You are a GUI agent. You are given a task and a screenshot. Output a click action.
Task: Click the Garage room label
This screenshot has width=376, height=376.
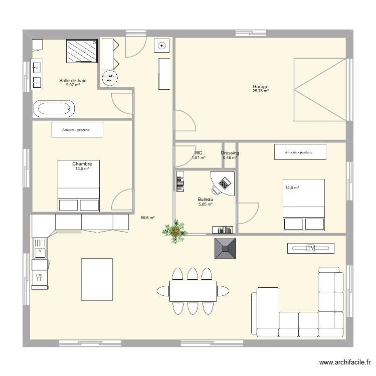260,87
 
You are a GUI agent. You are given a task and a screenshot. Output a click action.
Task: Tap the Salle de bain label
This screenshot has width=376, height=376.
73,80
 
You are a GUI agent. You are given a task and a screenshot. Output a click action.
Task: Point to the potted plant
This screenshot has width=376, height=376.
175,231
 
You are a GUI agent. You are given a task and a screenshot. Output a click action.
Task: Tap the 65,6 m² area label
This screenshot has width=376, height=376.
147,218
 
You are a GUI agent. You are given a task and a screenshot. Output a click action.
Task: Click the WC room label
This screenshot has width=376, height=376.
198,153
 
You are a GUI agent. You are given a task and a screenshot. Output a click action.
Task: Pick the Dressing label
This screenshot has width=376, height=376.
230,153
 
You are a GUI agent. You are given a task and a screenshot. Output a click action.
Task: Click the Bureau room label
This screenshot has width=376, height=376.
206,199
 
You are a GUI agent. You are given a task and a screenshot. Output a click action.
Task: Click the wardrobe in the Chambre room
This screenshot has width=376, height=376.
77,130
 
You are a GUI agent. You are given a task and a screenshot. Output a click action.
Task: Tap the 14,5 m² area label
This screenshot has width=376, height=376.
292,188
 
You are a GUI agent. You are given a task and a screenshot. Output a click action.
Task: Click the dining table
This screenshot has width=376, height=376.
193,291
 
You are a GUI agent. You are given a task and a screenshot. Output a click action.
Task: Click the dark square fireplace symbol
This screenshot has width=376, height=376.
225,248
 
